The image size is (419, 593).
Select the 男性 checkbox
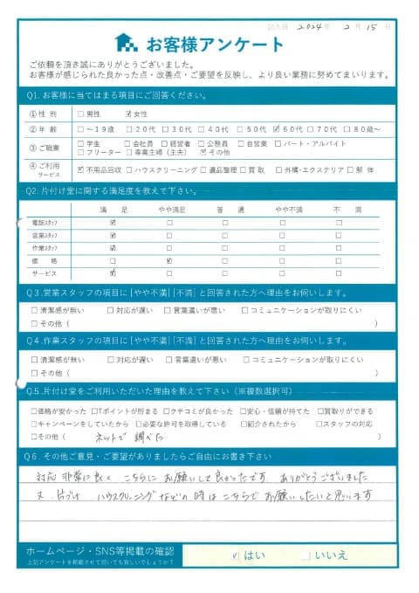[x=80, y=113]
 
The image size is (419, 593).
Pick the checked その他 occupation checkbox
[x=203, y=152]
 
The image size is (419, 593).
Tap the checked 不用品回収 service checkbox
[x=80, y=169]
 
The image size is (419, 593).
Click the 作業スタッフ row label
[x=45, y=248]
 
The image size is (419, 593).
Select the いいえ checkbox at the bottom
[x=303, y=553]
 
